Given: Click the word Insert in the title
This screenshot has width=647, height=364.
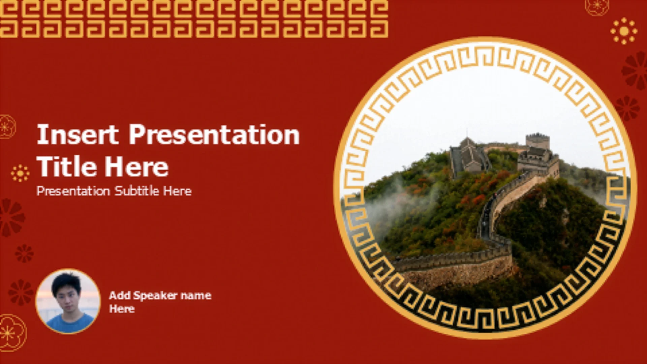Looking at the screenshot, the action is pyautogui.click(x=78, y=134).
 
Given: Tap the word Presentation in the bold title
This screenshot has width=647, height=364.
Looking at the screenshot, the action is pyautogui.click(x=214, y=134).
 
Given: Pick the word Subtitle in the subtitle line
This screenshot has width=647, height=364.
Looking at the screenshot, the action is pyautogui.click(x=137, y=191).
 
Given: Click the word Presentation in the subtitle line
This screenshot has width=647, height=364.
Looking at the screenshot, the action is pyautogui.click(x=73, y=191).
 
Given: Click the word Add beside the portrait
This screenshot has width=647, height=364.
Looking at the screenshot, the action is pyautogui.click(x=120, y=296).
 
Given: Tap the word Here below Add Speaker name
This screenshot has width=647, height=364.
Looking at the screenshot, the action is pyautogui.click(x=122, y=309).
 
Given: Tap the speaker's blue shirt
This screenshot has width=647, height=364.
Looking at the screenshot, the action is pyautogui.click(x=69, y=324).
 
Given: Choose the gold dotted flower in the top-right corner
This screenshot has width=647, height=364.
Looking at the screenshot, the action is pyautogui.click(x=624, y=31).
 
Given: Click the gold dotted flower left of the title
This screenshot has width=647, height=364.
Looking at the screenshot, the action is pyautogui.click(x=20, y=173).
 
